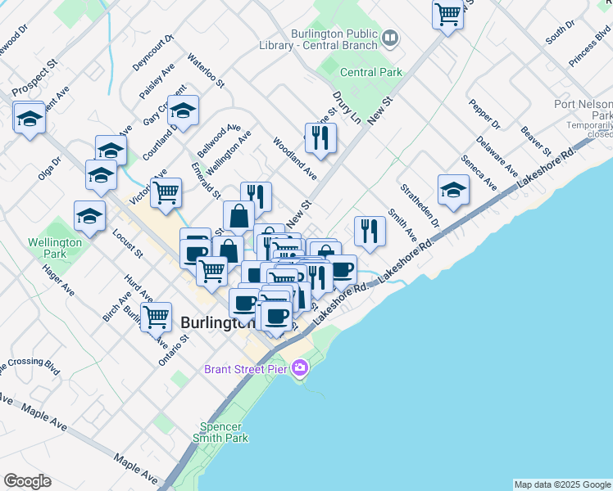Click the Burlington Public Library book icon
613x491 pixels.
pyautogui.click(x=391, y=38)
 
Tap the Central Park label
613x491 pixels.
pyautogui.click(x=371, y=72)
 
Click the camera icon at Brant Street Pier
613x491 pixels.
pyautogui.click(x=300, y=368)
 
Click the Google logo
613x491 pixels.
pyautogui.click(x=27, y=481)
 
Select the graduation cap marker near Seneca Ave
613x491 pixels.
pyautogui.click(x=453, y=190)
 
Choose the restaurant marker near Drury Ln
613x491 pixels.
pyautogui.click(x=320, y=137)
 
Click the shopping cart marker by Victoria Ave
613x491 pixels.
pyautogui.click(x=166, y=193)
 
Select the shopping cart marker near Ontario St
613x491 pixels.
pyautogui.click(x=155, y=316)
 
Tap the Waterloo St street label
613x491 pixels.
pyautogui.click(x=205, y=70)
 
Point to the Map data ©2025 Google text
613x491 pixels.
pyautogui.click(x=562, y=484)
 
